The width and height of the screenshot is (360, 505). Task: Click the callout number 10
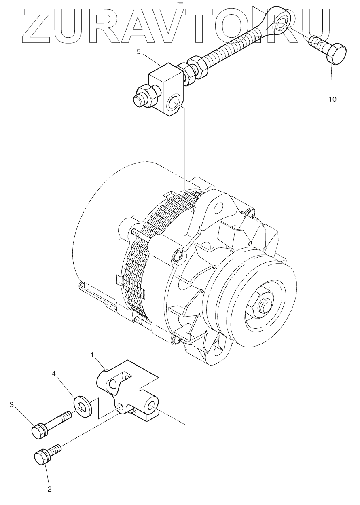click(x=332, y=99)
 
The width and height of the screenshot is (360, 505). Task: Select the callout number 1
click(x=92, y=355)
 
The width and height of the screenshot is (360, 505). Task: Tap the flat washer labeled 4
click(x=82, y=404)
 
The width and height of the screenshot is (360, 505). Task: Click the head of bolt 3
click(x=38, y=431)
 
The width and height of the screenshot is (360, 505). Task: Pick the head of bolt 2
click(x=42, y=458)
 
